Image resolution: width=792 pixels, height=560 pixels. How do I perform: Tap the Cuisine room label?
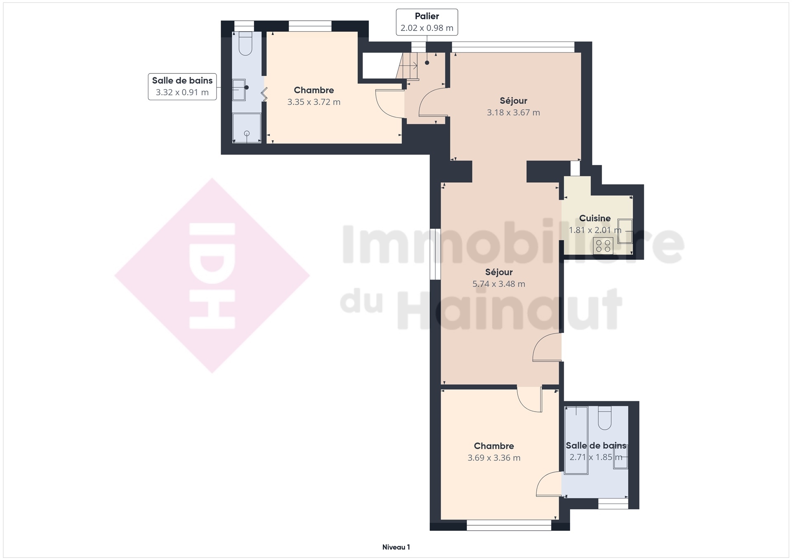[x=595, y=218]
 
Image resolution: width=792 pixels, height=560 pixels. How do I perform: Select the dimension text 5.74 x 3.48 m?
[x=499, y=284]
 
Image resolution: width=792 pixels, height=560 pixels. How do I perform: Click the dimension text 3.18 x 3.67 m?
[x=513, y=113]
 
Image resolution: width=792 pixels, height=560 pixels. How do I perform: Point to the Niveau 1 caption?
[x=396, y=547]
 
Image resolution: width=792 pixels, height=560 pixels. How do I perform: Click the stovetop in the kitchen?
[x=603, y=246]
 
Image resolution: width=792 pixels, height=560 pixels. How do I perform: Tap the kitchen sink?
[x=625, y=231]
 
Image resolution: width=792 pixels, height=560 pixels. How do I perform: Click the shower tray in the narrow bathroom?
[x=247, y=128]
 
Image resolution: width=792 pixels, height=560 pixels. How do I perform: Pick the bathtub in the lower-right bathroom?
[x=576, y=440]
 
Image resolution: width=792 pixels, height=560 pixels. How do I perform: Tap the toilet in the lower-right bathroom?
[x=604, y=418]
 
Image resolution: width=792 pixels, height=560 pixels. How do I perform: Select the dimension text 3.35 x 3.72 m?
[x=314, y=102]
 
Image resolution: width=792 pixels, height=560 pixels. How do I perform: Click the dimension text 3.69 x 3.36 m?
[x=494, y=458]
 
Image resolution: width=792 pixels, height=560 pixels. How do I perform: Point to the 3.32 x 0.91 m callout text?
[x=182, y=92]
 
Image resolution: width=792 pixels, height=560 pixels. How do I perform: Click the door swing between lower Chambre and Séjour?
[x=530, y=399]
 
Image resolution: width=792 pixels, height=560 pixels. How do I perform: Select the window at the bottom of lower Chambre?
[x=509, y=525]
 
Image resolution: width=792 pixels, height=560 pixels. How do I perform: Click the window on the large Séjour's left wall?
[x=435, y=254]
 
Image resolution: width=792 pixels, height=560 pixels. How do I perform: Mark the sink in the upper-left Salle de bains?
[x=239, y=90]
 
